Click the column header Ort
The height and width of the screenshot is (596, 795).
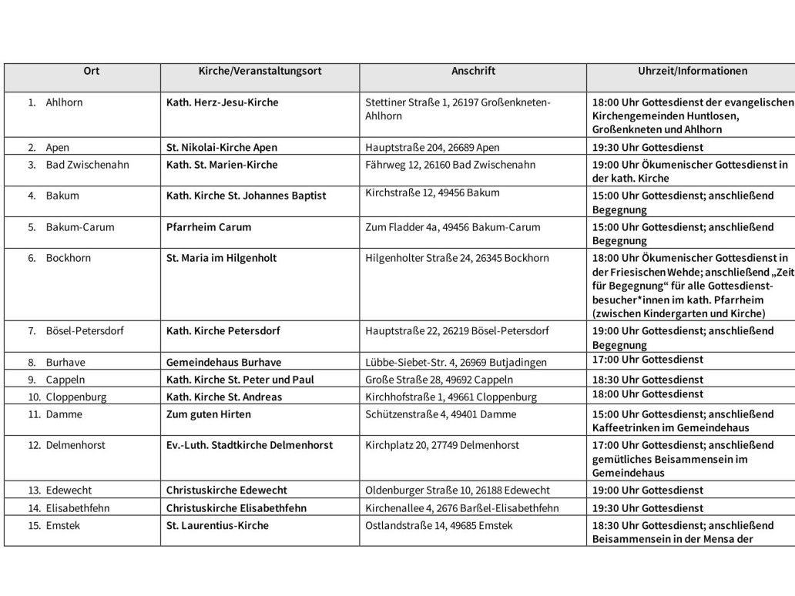(91, 71)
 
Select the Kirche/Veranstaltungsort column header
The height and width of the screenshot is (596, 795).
(260, 71)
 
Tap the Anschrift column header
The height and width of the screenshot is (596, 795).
(473, 71)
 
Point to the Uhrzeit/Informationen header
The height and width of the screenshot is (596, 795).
(692, 71)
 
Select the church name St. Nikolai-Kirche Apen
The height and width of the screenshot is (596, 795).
(222, 147)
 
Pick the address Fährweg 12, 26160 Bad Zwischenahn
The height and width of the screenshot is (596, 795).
(450, 165)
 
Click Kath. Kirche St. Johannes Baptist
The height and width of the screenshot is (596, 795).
(246, 196)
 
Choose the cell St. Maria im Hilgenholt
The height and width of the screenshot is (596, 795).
(221, 258)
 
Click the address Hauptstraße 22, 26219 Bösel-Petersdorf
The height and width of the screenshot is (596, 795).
(457, 331)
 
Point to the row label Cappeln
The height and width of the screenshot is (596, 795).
(65, 380)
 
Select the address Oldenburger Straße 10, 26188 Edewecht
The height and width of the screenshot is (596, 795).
(458, 491)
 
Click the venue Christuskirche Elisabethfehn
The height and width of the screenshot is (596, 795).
(236, 508)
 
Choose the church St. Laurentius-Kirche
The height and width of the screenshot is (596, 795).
(217, 526)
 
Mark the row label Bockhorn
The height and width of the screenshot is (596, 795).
(68, 258)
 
